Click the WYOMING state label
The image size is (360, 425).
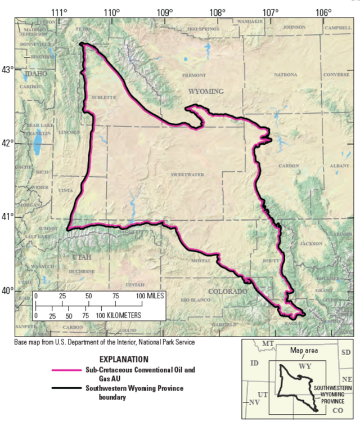coord(206,91)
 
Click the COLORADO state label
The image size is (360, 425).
coord(228,292)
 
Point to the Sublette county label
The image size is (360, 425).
coord(103,97)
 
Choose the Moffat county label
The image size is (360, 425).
coord(200,261)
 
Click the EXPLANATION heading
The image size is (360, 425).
coord(124,359)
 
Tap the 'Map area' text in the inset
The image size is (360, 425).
coord(304,350)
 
